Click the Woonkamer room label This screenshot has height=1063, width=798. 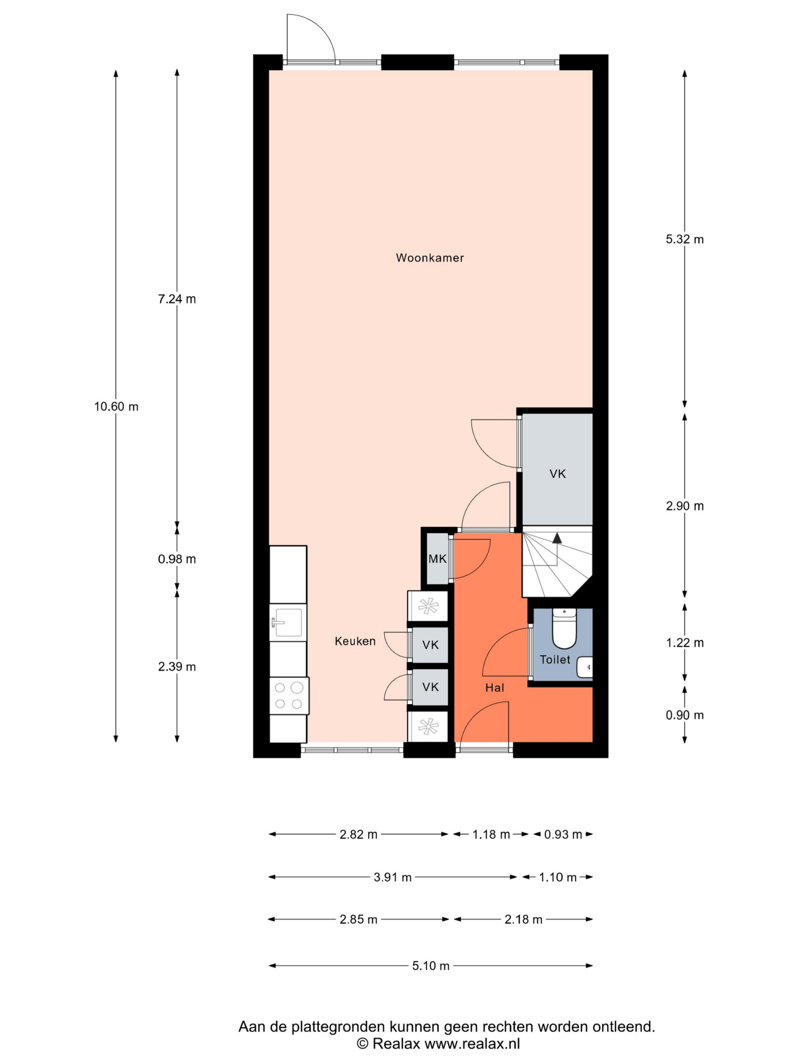[x=429, y=257]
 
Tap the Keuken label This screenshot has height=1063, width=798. [x=355, y=641]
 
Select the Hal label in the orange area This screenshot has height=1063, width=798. [x=495, y=688]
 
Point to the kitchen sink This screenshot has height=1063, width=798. [x=288, y=622]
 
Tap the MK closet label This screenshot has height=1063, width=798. [x=437, y=558]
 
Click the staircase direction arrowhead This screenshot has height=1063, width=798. [x=557, y=538]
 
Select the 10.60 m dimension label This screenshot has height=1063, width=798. [x=116, y=407]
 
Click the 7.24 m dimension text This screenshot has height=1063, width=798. [x=177, y=299]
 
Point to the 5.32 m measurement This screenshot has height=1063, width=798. [x=685, y=239]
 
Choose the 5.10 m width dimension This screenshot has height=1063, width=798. [x=431, y=965]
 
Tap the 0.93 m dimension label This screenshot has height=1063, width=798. [x=563, y=834]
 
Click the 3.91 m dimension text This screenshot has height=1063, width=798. [x=392, y=877]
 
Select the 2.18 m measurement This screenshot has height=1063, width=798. [x=523, y=919]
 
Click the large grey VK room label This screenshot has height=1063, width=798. [x=557, y=474]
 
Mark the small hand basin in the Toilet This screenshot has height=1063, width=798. [x=585, y=667]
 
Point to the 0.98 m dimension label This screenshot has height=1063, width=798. [x=177, y=559]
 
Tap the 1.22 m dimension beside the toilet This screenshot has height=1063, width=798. [x=685, y=642]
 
